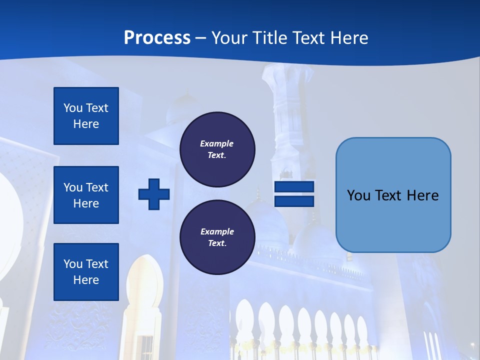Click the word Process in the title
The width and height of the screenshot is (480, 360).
pos(157,38)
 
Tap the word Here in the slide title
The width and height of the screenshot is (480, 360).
pos(349,38)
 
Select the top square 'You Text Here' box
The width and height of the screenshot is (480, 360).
pos(86,116)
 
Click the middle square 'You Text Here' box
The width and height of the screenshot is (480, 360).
pos(86,195)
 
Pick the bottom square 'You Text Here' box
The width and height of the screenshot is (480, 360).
pos(86,272)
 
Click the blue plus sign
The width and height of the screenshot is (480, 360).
pos(154,194)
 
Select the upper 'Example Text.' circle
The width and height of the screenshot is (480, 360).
pos(217,149)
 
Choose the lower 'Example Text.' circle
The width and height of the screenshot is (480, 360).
pos(217,237)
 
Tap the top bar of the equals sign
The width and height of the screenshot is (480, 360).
pos(294,187)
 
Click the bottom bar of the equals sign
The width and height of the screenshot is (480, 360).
pos(294,201)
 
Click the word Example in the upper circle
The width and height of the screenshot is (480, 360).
pos(217,143)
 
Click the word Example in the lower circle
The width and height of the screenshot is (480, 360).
pos(217,231)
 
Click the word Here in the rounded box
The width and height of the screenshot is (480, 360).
pos(422,195)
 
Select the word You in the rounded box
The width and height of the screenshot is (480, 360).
pos(358,195)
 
